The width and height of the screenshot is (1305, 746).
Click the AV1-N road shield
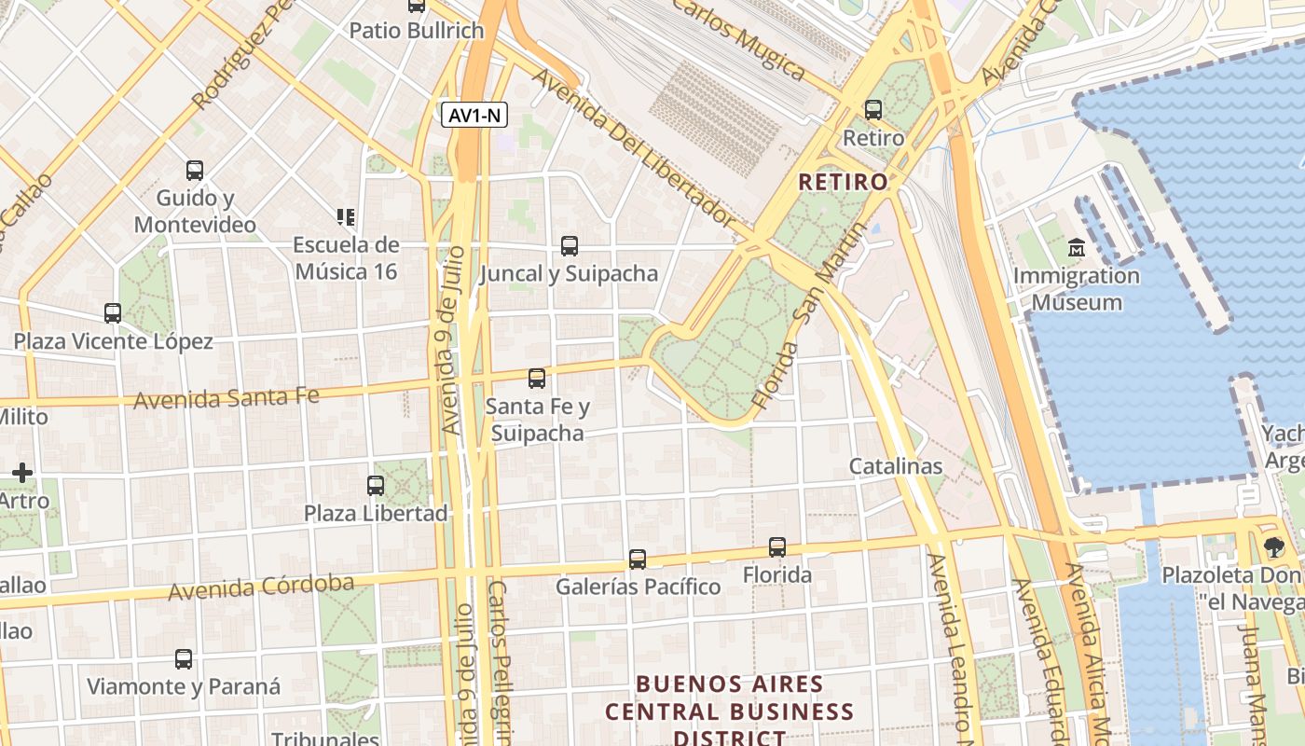tap(475, 116)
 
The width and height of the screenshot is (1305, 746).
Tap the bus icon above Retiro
tap(873, 110)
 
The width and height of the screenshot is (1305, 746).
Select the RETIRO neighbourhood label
tap(843, 182)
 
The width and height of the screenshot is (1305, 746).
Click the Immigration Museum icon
tap(1077, 248)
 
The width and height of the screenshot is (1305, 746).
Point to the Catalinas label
tap(895, 466)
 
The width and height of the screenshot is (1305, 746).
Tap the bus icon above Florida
tap(777, 547)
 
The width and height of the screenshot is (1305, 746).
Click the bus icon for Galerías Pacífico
tap(638, 559)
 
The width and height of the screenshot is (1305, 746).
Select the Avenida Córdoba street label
tap(261, 587)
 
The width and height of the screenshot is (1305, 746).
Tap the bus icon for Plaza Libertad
tap(376, 486)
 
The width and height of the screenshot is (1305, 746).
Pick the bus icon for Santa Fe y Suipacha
tap(537, 379)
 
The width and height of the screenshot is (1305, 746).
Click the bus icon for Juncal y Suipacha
tap(569, 246)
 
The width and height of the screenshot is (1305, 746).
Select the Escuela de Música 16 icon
tap(346, 217)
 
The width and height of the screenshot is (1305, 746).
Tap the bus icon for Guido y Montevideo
tap(194, 171)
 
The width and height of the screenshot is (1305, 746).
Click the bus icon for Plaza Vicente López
tap(113, 313)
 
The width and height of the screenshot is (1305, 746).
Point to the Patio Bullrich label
tap(417, 31)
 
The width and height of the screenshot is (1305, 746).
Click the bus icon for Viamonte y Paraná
tap(184, 659)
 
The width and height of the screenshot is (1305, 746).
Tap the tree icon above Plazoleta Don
tap(1274, 547)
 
